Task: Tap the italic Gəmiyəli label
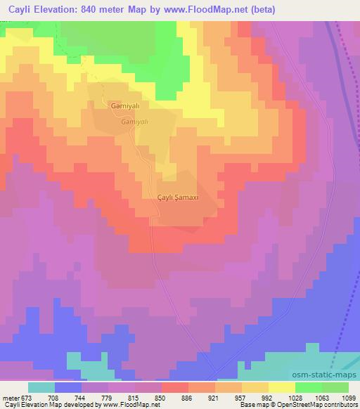tap(134, 121)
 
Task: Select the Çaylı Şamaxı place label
tap(179, 198)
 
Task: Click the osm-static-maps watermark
tap(324, 376)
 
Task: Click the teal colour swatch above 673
tap(41, 387)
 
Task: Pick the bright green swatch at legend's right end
tap(335, 387)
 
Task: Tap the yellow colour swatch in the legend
tap(282, 387)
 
